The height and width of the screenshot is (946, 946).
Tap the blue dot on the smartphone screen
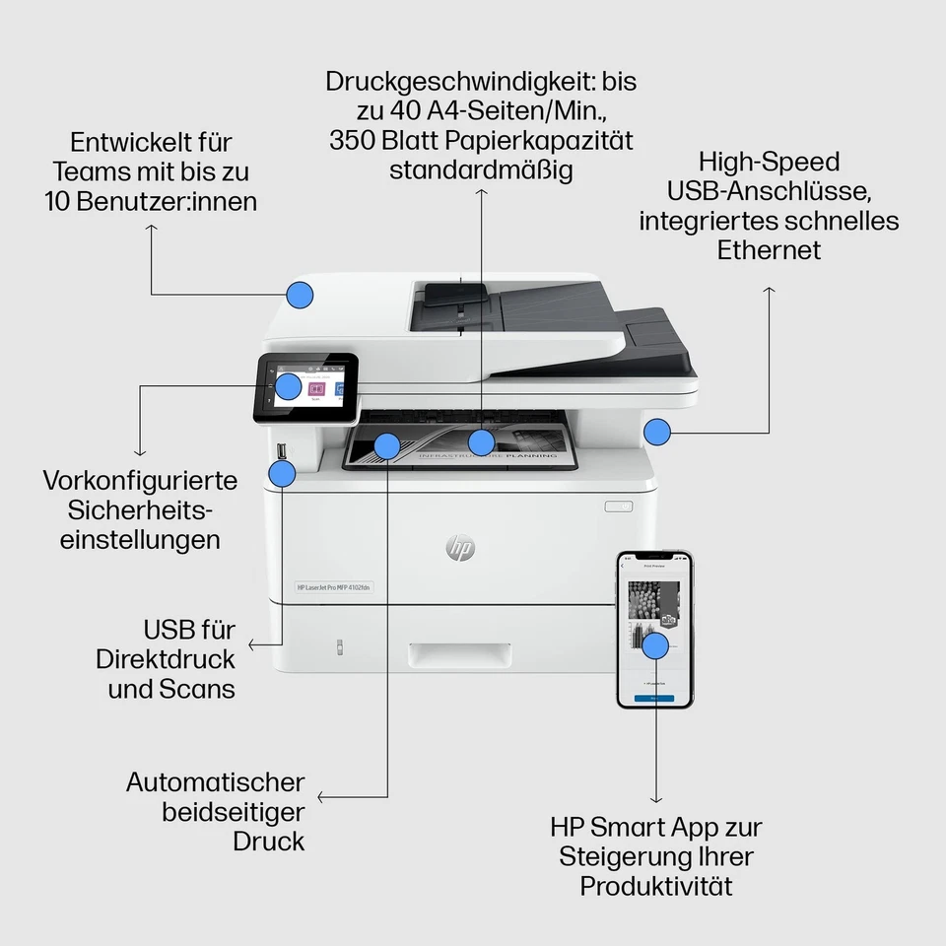(655, 645)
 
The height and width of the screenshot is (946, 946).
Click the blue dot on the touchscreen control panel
(288, 385)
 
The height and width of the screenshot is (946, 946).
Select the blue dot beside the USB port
(283, 474)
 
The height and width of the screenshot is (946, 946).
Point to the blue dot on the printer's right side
(657, 431)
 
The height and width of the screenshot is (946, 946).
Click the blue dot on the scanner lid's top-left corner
(300, 294)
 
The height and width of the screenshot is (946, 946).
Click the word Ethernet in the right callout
(769, 250)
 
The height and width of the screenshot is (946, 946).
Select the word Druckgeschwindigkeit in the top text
(462, 81)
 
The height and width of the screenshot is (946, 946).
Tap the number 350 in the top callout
(353, 140)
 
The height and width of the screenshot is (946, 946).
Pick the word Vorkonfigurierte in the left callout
(140, 481)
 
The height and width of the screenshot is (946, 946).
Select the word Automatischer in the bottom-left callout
(215, 782)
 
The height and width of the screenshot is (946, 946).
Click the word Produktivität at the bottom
(656, 886)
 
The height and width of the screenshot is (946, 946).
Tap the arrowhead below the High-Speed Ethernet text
(770, 290)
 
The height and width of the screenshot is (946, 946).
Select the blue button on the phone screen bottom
(654, 697)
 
